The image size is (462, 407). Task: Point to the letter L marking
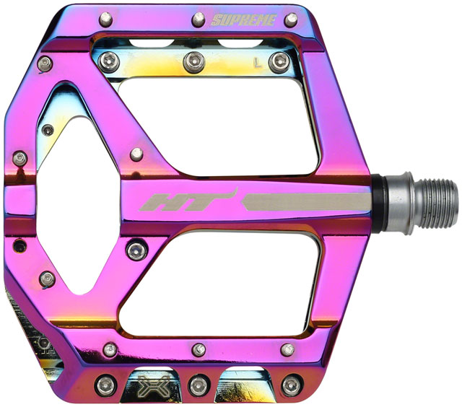coord(257,63)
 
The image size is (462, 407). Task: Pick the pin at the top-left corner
coord(105,17)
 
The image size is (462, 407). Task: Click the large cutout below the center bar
coord(231,278)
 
